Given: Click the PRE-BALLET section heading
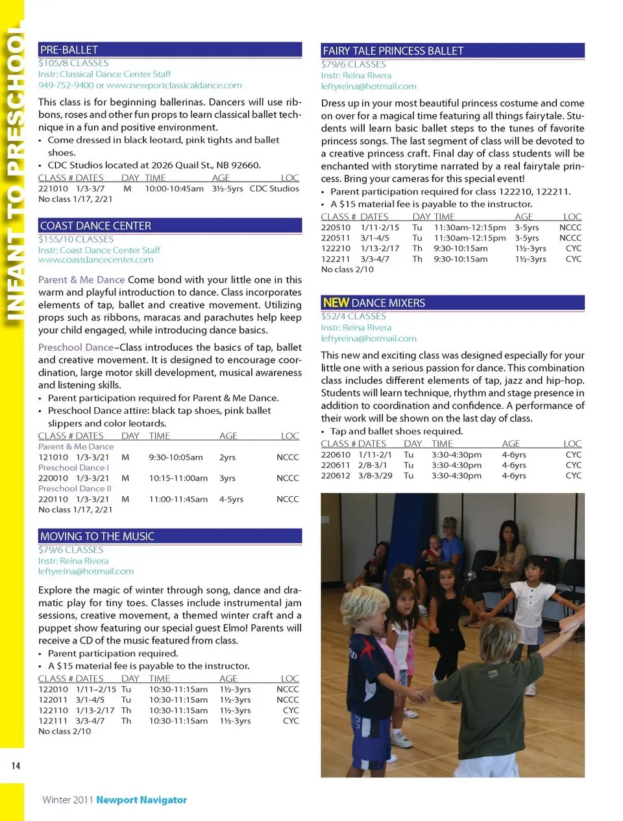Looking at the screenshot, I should click(69, 50).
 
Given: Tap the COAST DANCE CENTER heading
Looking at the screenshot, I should click(95, 226).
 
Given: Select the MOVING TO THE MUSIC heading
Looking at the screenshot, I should click(97, 536).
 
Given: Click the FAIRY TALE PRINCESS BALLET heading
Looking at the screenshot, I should click(393, 51).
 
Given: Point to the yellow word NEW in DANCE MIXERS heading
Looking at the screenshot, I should click(336, 303).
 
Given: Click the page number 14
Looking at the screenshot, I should click(16, 766).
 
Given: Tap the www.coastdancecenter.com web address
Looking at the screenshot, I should click(95, 260).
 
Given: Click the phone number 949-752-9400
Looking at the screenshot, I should click(66, 85).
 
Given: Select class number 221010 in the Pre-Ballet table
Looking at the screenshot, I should click(53, 189).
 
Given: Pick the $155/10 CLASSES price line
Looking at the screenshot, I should click(76, 239).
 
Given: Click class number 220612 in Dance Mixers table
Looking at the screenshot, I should click(336, 475).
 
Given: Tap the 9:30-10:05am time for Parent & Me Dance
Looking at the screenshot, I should click(176, 457).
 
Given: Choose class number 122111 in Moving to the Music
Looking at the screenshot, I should click(53, 720).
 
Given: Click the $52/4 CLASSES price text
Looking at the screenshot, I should click(353, 316).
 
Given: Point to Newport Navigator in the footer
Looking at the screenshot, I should click(141, 800).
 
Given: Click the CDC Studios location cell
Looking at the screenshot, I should click(274, 189).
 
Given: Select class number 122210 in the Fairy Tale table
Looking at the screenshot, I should click(336, 248).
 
